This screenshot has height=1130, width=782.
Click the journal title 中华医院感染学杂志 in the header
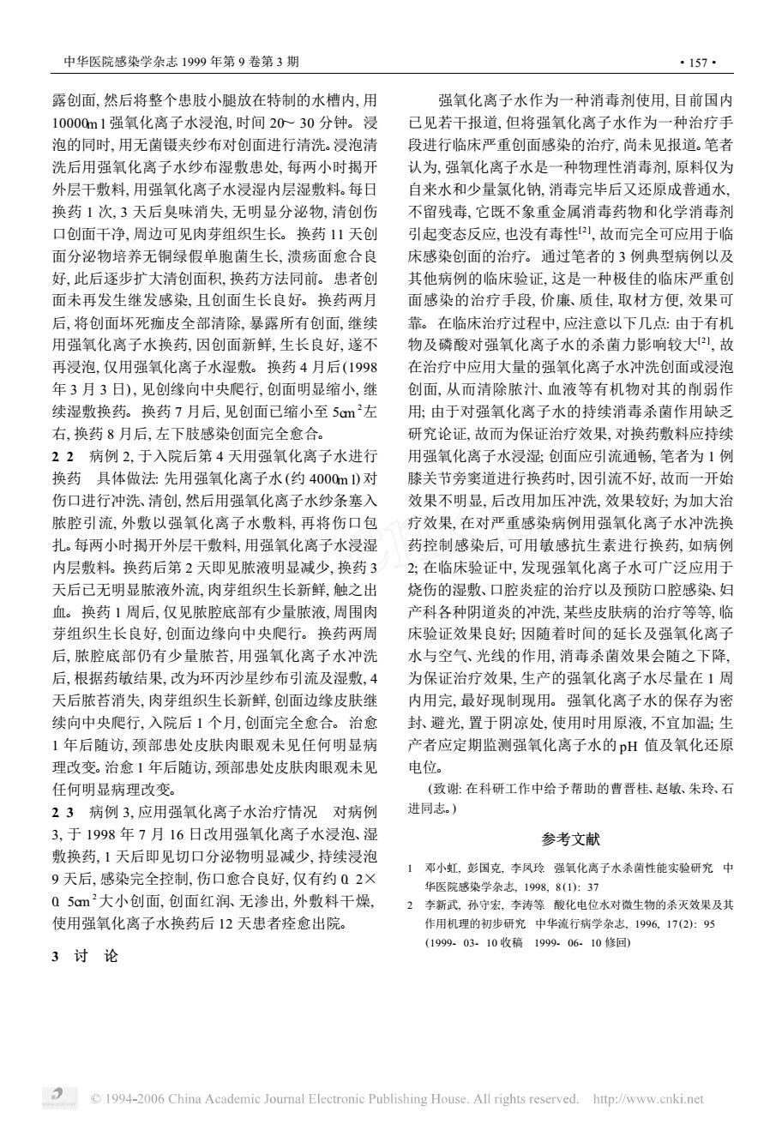tap(112, 63)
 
